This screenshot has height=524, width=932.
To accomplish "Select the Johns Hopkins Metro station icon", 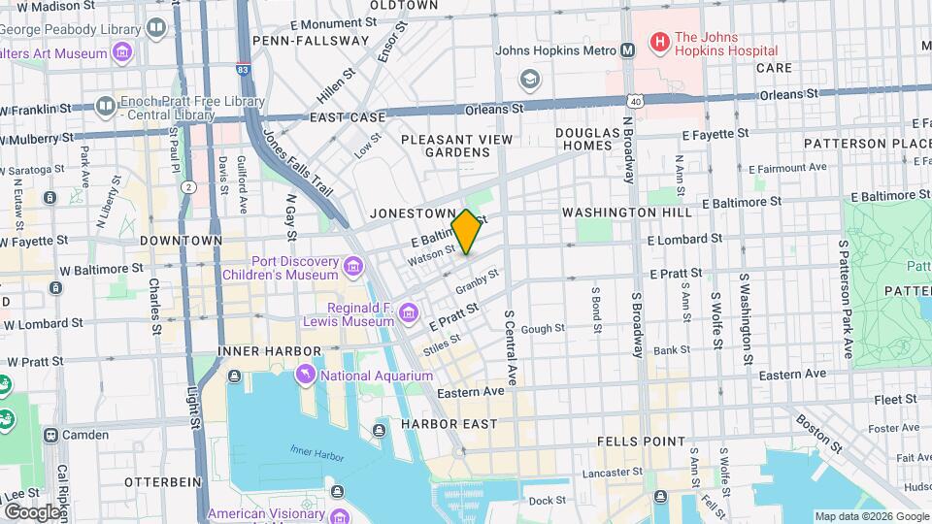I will pyautogui.click(x=628, y=50).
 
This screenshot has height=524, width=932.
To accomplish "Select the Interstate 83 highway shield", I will pyautogui.click(x=242, y=68).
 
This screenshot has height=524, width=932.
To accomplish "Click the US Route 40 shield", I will pyautogui.click(x=634, y=100).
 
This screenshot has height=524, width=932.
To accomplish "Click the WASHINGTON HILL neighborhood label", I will pyautogui.click(x=626, y=212).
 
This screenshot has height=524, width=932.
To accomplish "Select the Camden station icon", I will pyautogui.click(x=50, y=435).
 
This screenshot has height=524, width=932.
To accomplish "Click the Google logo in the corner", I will pyautogui.click(x=32, y=511).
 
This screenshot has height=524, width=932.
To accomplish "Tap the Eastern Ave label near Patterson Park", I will pyautogui.click(x=793, y=374).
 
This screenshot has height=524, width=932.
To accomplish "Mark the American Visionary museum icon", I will pyautogui.click(x=338, y=513).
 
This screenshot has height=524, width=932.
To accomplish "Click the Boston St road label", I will pyautogui.click(x=817, y=435).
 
